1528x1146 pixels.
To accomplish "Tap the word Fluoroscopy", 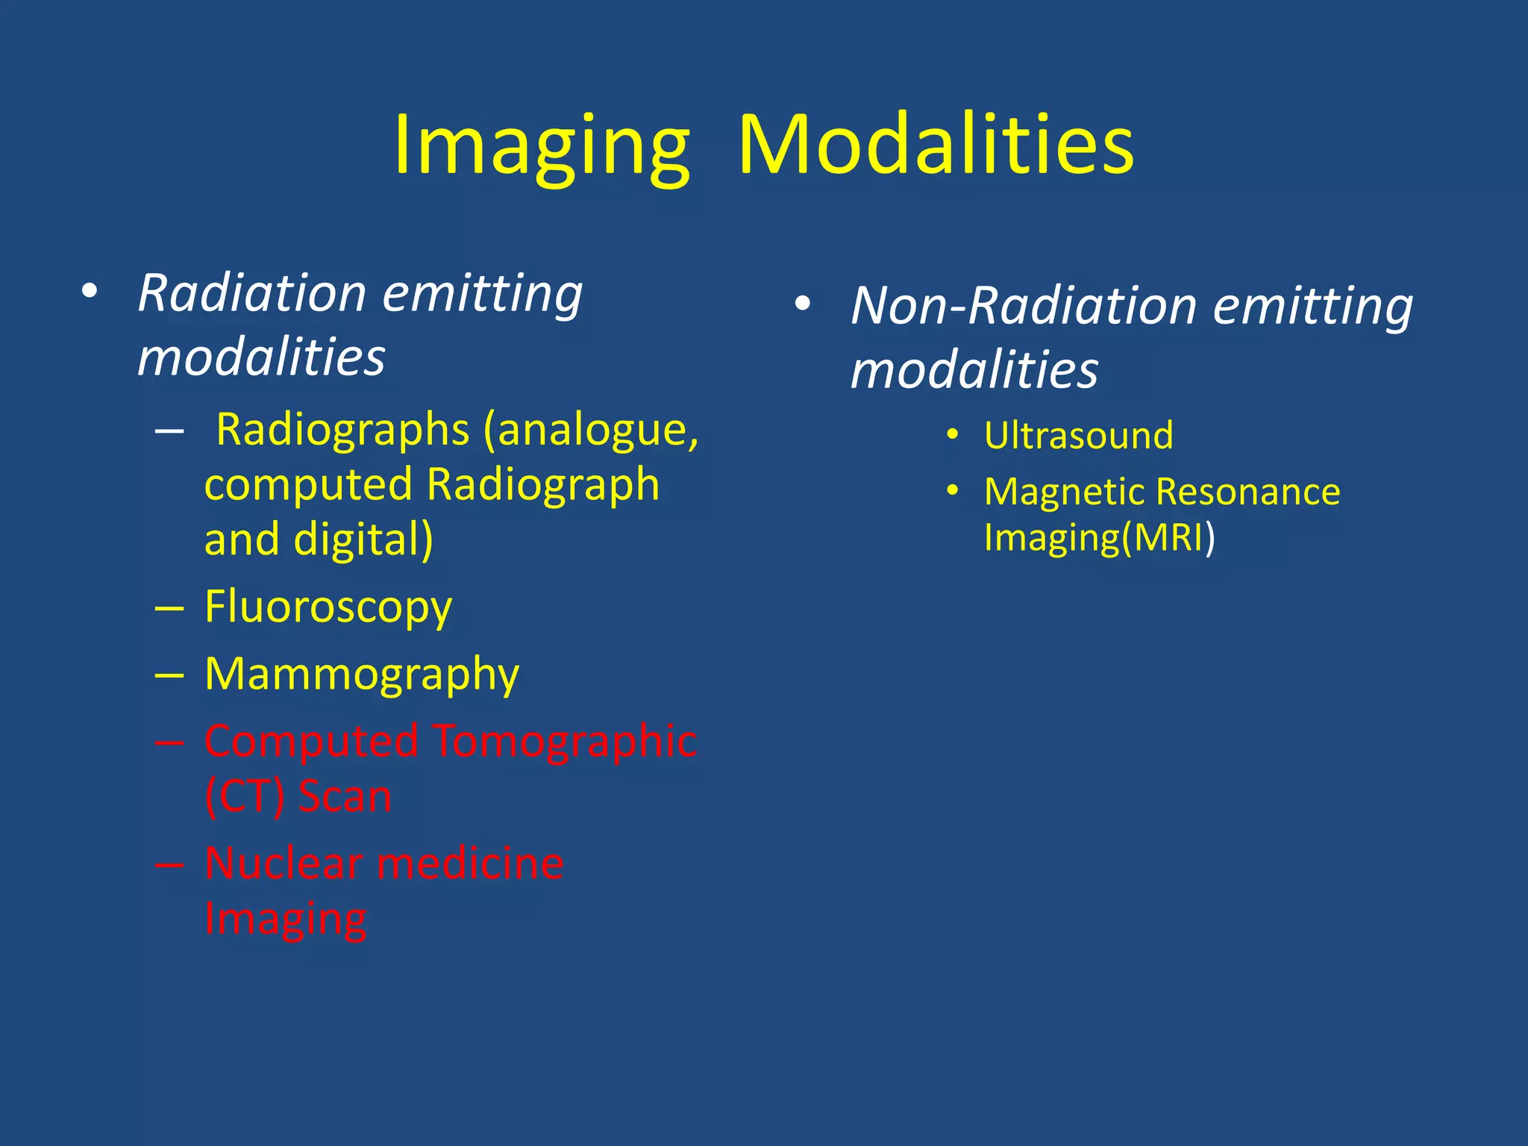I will tap(328, 607).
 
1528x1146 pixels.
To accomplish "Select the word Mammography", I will tap(362, 675).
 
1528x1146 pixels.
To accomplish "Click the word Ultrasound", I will tap(1078, 436).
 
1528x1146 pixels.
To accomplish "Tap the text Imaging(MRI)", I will tap(1099, 537).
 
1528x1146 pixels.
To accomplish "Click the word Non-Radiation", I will tap(1024, 306).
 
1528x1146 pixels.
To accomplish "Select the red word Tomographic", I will tap(565, 742).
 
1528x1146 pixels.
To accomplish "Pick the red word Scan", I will tap(345, 796).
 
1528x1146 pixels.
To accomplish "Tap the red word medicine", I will tap(470, 864).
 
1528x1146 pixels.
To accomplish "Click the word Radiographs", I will tap(342, 430).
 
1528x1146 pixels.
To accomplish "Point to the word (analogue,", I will tap(591, 430).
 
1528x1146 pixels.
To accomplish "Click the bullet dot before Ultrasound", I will tap(952, 435).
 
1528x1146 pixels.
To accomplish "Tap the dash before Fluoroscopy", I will tap(169, 609).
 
